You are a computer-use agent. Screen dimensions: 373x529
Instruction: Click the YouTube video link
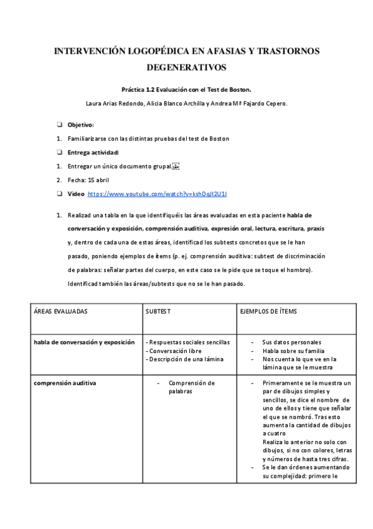pos(157,195)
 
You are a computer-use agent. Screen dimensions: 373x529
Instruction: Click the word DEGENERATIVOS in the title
pos(186,66)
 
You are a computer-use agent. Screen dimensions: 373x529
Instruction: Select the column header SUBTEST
pos(158,311)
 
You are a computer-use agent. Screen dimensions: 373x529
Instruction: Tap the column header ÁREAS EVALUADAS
pos(60,311)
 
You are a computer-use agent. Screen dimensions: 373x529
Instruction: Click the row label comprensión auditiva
pos(65,383)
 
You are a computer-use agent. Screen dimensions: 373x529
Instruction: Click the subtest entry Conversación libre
pos(176,351)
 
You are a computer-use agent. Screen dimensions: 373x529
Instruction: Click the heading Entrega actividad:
pos(93,152)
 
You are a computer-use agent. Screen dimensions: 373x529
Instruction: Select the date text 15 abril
pos(98,180)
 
